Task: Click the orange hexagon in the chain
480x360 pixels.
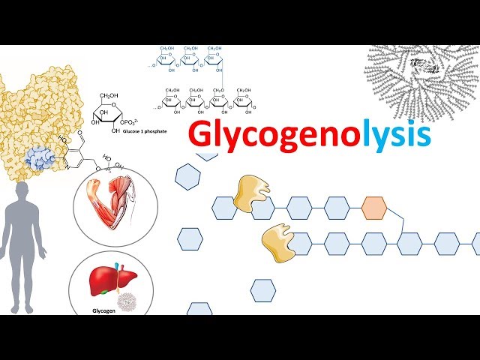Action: coord(373,207)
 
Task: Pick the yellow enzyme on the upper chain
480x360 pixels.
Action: coord(252,193)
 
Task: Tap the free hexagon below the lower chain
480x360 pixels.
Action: coord(262,290)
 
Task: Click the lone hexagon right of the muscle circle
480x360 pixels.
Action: coord(190,238)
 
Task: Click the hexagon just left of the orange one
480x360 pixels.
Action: coord(336,207)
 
